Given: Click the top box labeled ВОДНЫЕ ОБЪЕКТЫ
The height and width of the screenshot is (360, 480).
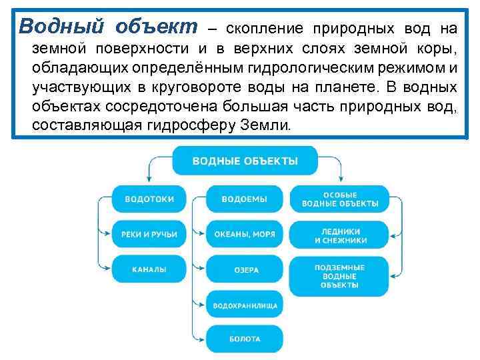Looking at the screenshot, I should (x=245, y=161).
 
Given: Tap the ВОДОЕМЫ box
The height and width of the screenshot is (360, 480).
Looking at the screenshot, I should (x=244, y=199).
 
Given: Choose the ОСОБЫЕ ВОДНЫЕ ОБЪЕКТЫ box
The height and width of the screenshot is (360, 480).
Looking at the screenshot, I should (x=340, y=199).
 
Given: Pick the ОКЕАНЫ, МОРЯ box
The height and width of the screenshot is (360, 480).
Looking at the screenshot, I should (x=244, y=234).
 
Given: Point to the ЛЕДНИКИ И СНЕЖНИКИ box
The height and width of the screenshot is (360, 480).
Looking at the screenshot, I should (x=340, y=235).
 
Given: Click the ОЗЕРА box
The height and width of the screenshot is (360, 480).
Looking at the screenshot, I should (x=244, y=270).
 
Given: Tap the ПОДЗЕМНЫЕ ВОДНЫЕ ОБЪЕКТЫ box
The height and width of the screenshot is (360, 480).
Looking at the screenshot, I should (x=340, y=276).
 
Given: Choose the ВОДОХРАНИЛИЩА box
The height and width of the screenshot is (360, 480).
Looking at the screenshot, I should (x=244, y=305).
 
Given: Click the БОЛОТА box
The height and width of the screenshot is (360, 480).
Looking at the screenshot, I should (x=244, y=339).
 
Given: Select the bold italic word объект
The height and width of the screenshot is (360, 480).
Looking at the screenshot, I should (x=157, y=27).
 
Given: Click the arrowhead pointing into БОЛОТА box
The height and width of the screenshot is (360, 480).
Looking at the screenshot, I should (x=201, y=339).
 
